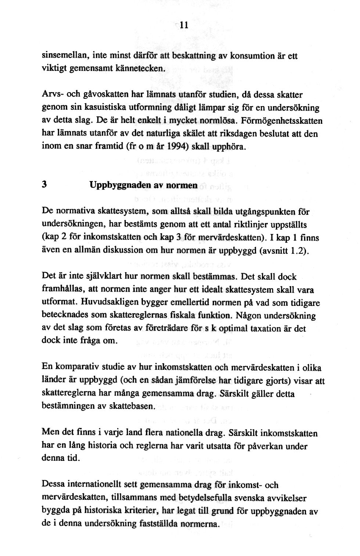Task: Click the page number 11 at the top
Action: tap(184, 25)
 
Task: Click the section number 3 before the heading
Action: tap(44, 185)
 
